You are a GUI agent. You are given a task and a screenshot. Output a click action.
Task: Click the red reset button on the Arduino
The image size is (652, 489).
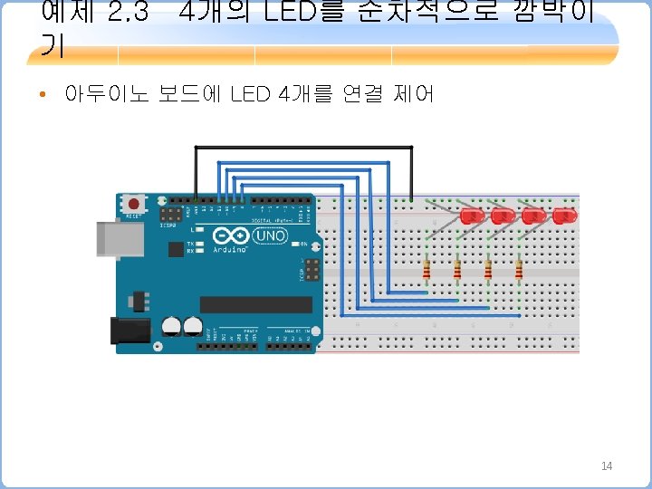134,202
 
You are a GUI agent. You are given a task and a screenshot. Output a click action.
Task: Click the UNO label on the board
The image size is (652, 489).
270,235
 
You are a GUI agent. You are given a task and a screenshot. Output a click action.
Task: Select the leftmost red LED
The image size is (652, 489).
471,216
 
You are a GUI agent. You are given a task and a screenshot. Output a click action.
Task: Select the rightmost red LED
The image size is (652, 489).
564,216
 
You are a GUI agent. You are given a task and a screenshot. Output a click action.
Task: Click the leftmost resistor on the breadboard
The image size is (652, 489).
427,270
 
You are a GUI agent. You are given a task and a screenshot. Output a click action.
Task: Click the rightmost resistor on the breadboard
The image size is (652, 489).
519,270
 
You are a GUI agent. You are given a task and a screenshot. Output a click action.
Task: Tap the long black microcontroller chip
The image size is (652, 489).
255,304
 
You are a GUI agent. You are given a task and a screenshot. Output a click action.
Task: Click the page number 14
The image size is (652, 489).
606,465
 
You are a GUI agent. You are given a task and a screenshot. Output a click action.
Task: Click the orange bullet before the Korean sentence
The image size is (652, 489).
43,94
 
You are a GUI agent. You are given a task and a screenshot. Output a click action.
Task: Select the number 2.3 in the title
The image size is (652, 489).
127,14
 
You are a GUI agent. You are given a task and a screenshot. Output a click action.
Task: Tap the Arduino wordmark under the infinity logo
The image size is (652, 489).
229,248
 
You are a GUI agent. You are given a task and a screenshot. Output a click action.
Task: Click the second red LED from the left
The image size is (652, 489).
502,216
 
